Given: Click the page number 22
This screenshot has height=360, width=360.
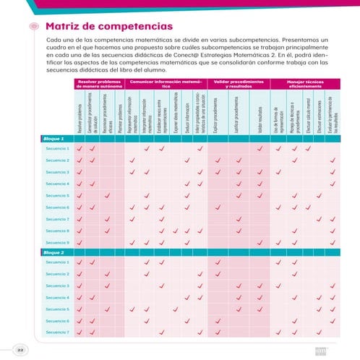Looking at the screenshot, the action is coord(21,349).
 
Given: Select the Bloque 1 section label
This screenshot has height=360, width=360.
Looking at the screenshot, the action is coord(53,139).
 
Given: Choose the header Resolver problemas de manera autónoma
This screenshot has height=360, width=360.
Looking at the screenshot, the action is coord(99,85).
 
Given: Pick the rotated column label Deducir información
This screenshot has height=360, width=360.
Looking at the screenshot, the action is coord(187,114).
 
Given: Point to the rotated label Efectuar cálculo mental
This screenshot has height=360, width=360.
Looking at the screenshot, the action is coord(307,113).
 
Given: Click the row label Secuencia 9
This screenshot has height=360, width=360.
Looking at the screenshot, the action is coord(57,242).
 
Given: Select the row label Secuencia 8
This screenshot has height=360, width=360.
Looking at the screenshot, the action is coord(57,231).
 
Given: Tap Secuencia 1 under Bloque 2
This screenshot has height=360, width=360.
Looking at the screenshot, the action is coord(57,262).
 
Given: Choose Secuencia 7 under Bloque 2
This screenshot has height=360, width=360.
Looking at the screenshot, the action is coord(57,332).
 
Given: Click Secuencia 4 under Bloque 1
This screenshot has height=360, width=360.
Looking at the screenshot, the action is coord(57,184).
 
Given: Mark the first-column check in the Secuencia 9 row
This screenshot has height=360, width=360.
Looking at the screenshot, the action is coord(79,242).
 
